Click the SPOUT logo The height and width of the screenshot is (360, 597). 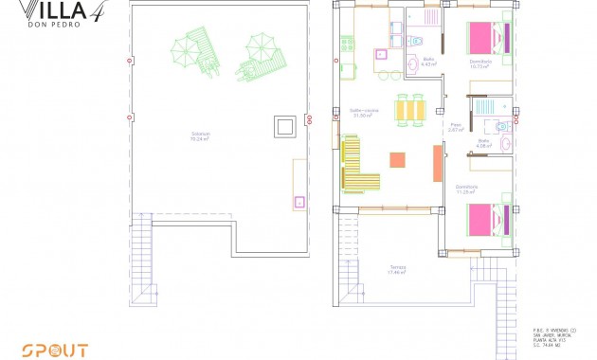click(x=56, y=350)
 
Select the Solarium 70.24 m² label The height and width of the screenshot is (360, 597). click(x=200, y=135)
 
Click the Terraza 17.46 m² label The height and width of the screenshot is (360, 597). click(x=397, y=270)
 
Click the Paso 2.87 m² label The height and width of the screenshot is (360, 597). click(x=456, y=126)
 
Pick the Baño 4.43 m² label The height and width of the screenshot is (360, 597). click(x=428, y=63)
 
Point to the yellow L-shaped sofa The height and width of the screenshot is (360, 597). click(x=356, y=165)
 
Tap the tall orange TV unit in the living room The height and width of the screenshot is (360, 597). click(x=437, y=162)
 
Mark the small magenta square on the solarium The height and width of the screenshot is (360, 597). click(x=299, y=201)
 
